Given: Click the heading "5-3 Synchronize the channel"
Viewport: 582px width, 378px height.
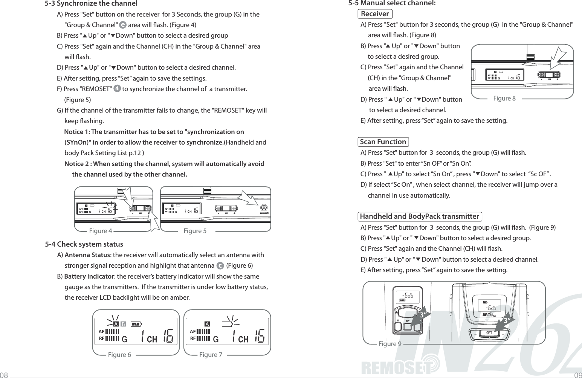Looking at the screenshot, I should [x=91, y=4].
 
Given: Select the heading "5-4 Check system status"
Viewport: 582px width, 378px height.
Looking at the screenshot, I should [x=84, y=244].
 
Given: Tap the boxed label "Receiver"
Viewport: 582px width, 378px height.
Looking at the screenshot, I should [x=375, y=14].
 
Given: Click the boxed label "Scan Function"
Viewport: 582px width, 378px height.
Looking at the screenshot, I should [x=383, y=142].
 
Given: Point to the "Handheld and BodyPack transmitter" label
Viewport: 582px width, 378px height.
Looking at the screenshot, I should [x=419, y=216].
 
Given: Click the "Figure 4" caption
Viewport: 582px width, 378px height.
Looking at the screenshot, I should [x=100, y=231].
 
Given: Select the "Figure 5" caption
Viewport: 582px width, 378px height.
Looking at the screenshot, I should [x=195, y=231].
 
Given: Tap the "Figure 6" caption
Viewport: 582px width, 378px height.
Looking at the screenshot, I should [x=119, y=355].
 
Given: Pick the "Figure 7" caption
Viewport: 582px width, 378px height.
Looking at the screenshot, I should [x=211, y=355].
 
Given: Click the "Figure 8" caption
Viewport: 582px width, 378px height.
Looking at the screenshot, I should [x=504, y=99].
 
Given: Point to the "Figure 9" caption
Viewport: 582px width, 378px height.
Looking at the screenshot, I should [x=390, y=344].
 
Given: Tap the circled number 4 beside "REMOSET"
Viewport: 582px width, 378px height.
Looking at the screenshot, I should [x=117, y=89].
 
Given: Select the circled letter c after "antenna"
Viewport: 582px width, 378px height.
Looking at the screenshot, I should [x=220, y=266].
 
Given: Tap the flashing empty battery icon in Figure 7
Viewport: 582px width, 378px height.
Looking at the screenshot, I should [x=227, y=324].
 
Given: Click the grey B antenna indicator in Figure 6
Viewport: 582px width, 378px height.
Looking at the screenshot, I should [x=123, y=324].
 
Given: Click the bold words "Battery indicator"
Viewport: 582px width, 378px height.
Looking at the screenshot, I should [x=89, y=277].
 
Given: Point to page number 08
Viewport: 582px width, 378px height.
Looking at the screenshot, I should [x=5, y=375].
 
